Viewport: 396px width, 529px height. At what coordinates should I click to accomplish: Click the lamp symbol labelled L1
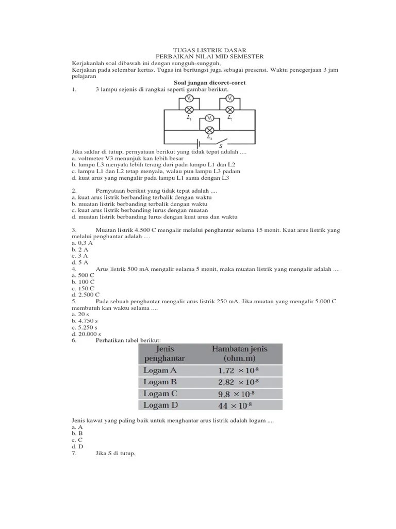[189, 110]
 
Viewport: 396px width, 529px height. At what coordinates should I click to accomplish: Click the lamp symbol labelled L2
[230, 110]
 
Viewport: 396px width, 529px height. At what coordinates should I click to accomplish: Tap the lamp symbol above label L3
[209, 130]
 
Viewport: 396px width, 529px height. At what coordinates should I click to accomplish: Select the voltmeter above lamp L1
[189, 98]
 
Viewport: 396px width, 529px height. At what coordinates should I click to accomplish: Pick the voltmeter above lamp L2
[230, 98]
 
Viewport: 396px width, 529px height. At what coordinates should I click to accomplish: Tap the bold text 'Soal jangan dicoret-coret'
[209, 82]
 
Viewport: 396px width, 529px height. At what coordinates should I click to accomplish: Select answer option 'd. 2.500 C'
[86, 294]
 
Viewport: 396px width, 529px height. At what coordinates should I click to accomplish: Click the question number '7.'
[74, 453]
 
